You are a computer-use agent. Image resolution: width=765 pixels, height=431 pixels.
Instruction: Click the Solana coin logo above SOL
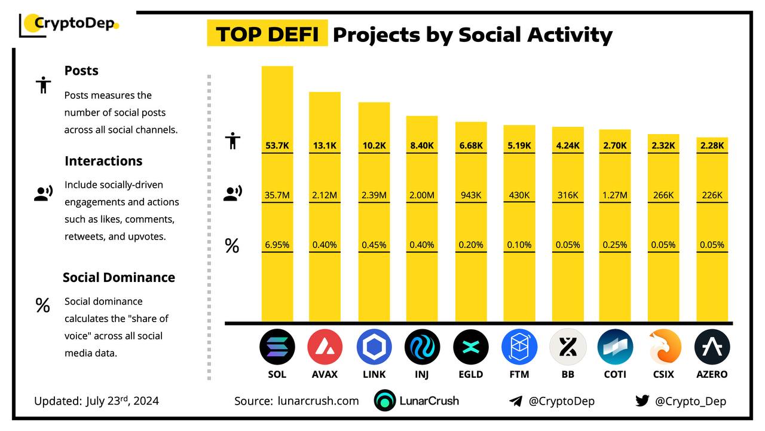[x=277, y=347]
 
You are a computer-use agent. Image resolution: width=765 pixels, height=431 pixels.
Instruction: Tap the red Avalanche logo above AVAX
[x=325, y=347]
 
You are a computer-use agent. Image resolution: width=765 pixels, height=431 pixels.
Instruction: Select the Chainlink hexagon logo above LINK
[x=374, y=347]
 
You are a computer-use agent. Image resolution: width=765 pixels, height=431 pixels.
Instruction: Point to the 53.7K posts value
[x=277, y=145]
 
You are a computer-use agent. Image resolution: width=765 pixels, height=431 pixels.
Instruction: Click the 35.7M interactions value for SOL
[x=277, y=195]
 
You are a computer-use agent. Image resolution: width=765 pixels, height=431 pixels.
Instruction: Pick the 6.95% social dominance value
[x=277, y=244]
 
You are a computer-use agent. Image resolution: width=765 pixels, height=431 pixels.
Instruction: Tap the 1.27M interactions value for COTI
[x=615, y=195]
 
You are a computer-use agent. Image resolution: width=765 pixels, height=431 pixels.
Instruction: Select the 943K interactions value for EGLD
[x=471, y=195]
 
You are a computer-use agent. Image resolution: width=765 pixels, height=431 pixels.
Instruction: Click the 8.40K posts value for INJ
[x=422, y=145]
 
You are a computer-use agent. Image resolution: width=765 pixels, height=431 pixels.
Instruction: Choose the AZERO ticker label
[x=712, y=374]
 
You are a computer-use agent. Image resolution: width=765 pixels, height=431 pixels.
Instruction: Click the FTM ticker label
[x=519, y=374]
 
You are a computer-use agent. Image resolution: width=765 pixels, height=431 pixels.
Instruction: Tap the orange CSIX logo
[x=664, y=347]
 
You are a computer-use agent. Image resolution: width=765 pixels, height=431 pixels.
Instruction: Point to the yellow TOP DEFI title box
[x=267, y=34]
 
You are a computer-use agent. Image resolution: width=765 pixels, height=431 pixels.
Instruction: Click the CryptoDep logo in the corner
[x=69, y=25]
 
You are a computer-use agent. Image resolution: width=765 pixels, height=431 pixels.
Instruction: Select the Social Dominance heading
[x=119, y=277]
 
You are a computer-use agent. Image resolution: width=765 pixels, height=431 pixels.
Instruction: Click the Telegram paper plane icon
[x=516, y=401]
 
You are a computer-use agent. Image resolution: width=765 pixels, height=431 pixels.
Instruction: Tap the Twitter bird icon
[x=642, y=400]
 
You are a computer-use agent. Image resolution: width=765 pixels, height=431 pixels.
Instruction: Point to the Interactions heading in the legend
[x=103, y=161]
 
